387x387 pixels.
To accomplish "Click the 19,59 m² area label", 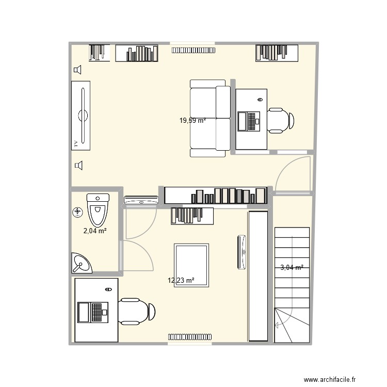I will pyautogui.click(x=192, y=121).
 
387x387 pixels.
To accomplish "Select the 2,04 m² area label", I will pyautogui.click(x=95, y=231).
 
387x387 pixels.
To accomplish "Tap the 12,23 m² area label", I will pyautogui.click(x=181, y=280).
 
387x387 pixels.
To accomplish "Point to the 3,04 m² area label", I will pyautogui.click(x=292, y=267).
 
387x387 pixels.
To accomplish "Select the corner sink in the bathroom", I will pyautogui.click(x=80, y=264).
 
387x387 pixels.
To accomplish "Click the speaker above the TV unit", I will pyautogui.click(x=77, y=70).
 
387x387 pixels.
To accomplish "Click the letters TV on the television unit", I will pyautogui.click(x=76, y=143).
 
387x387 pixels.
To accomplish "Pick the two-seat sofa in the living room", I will pyautogui.click(x=209, y=118).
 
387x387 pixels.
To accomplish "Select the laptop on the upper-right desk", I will pyautogui.click(x=248, y=121).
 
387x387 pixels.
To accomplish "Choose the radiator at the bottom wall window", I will pyautogui.click(x=189, y=337).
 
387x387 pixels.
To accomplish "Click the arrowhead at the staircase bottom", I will pyautogui.click(x=278, y=325).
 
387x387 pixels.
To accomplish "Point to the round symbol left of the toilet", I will pyautogui.click(x=77, y=212).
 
